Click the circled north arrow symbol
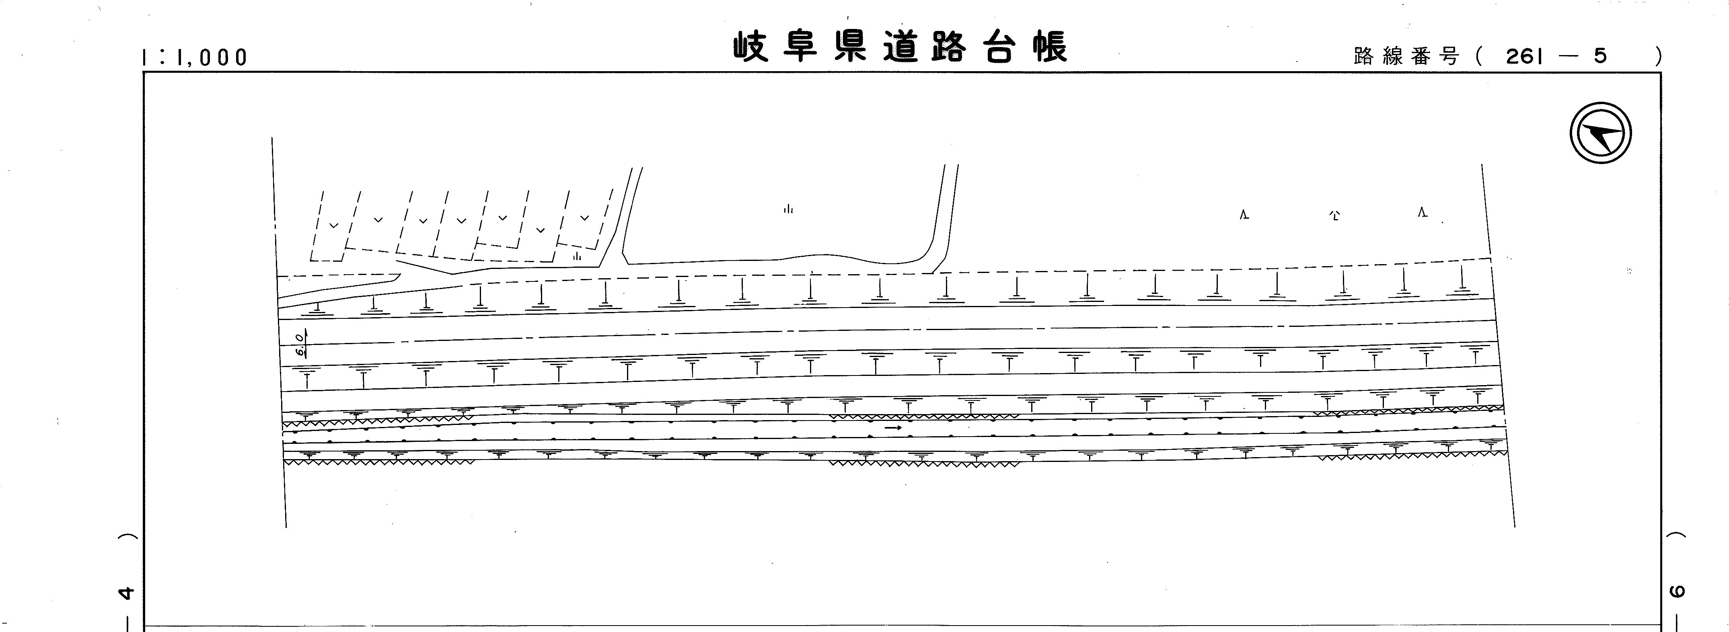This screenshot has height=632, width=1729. click(x=1601, y=133)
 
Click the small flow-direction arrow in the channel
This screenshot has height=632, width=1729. click(x=893, y=427)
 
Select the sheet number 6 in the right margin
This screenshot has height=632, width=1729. click(x=1677, y=591)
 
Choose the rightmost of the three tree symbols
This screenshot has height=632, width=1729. click(x=1422, y=213)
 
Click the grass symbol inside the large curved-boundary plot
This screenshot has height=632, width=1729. click(x=788, y=209)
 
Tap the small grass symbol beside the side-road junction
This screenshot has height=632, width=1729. click(x=577, y=256)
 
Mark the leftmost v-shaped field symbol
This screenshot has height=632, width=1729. click(x=333, y=226)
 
